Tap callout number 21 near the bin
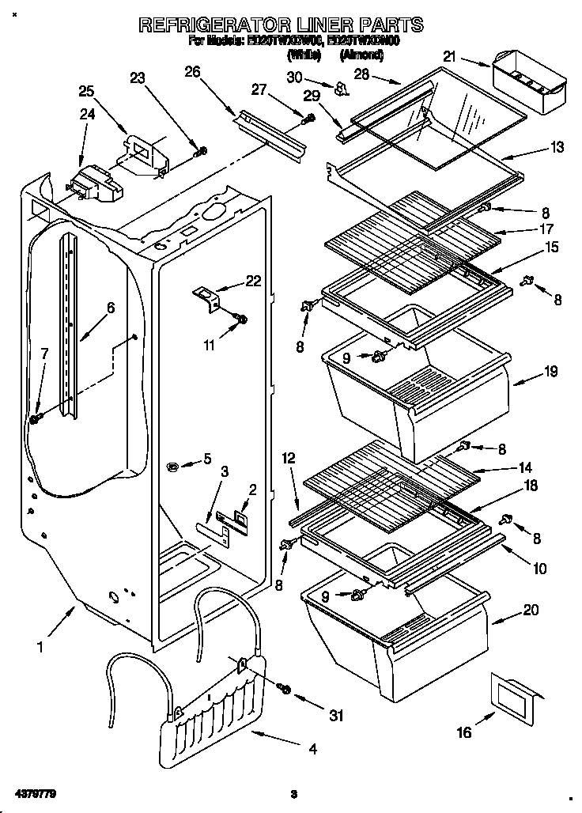coord(450,56)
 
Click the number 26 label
coord(192,71)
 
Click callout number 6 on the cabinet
coord(111,308)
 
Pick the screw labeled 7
coord(35,418)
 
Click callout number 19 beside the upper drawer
coord(550,369)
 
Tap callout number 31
coord(337,716)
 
